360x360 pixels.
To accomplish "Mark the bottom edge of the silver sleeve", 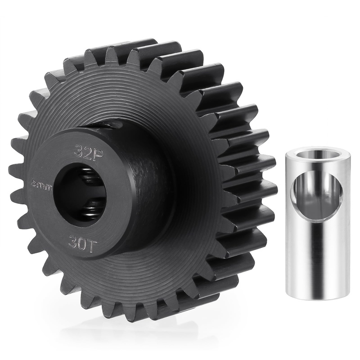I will click(317, 298).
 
